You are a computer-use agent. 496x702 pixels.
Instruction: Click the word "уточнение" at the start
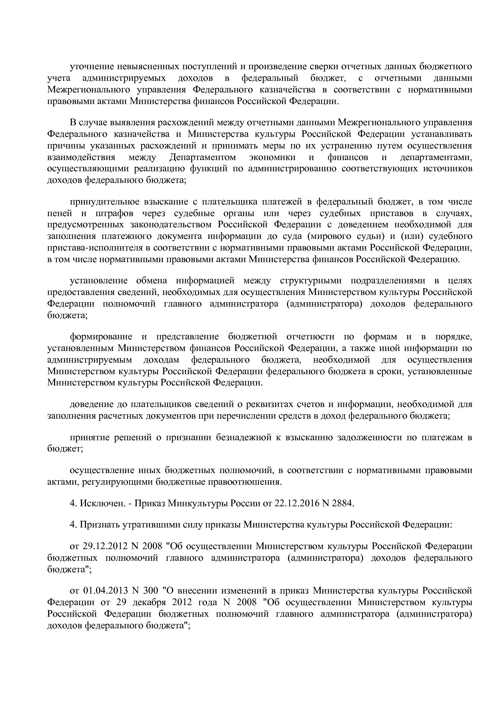pos(90,66)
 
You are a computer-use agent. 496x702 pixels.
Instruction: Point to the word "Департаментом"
pos(202,157)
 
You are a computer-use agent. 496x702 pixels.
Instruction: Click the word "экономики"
pos(272,157)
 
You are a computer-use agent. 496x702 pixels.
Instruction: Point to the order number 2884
pos(345,503)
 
